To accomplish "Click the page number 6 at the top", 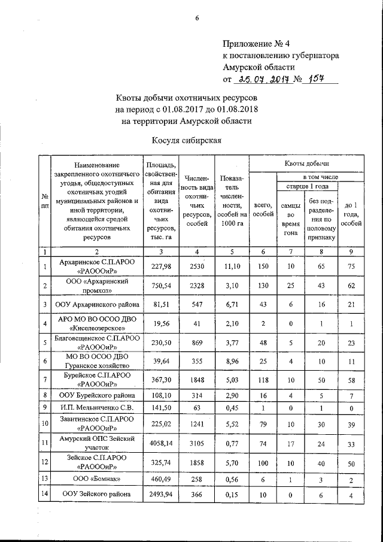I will pos(196,17).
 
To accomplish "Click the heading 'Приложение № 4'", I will pos(255,44).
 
